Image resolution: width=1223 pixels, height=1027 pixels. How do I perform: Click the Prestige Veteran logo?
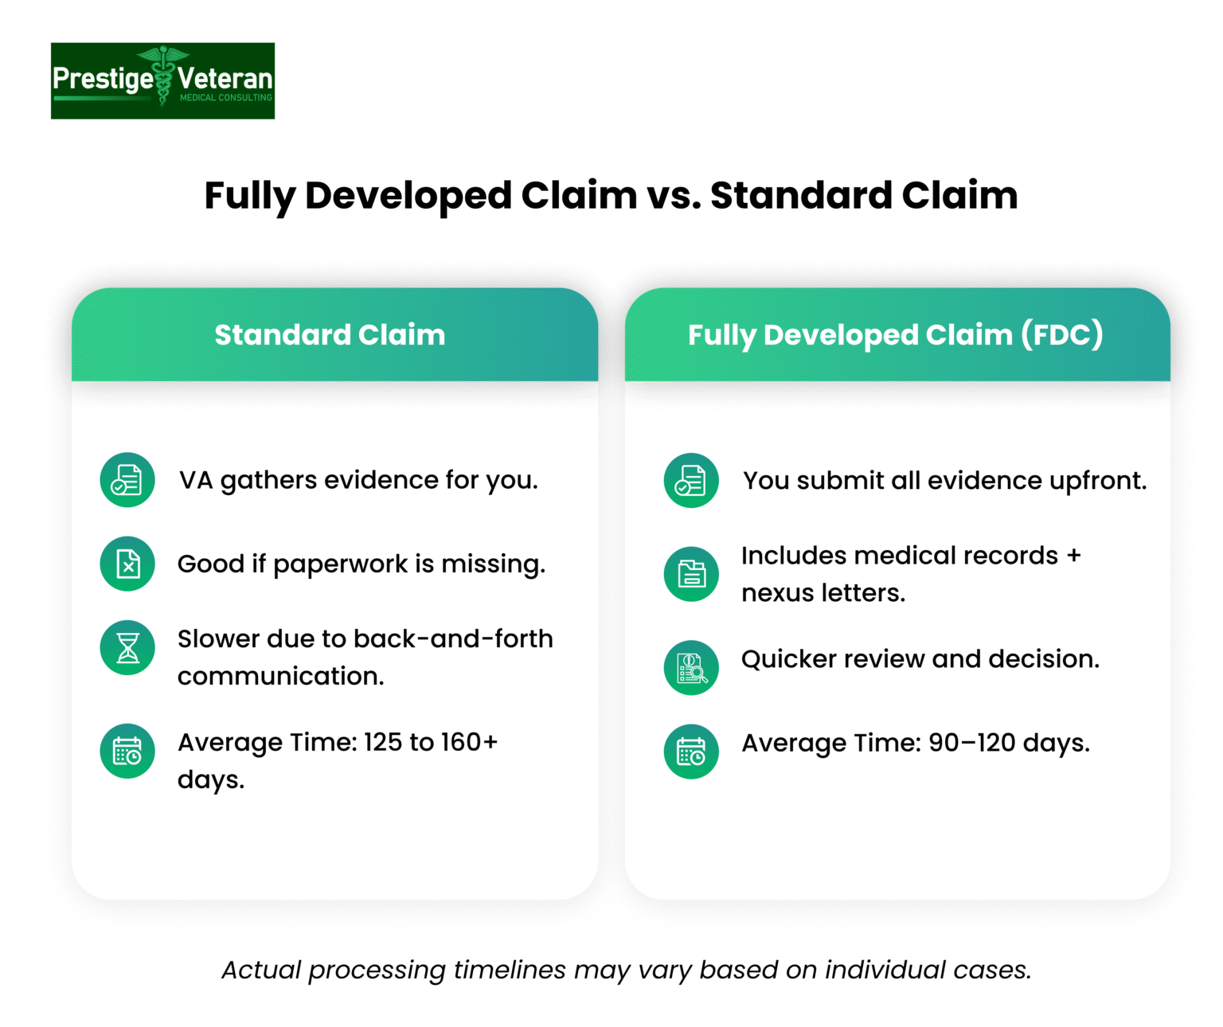tap(162, 81)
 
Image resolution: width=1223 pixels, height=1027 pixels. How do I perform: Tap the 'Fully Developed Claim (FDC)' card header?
tap(897, 335)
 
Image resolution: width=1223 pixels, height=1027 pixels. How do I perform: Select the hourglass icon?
tap(127, 648)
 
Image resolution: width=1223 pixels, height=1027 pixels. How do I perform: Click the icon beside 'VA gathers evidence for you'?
tap(127, 480)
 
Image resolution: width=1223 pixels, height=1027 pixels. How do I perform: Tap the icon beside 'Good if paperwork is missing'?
tap(127, 564)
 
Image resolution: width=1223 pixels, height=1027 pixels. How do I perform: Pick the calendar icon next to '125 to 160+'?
tap(127, 752)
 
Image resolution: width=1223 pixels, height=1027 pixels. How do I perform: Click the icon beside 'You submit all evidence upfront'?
tap(691, 481)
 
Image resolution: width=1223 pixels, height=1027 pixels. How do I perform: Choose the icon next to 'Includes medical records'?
tap(691, 574)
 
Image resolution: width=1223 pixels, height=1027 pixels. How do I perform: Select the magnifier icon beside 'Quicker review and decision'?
tap(691, 668)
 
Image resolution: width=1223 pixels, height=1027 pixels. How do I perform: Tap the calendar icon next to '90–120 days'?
tap(691, 752)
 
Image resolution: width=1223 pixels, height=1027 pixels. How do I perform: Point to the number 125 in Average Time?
tap(383, 743)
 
